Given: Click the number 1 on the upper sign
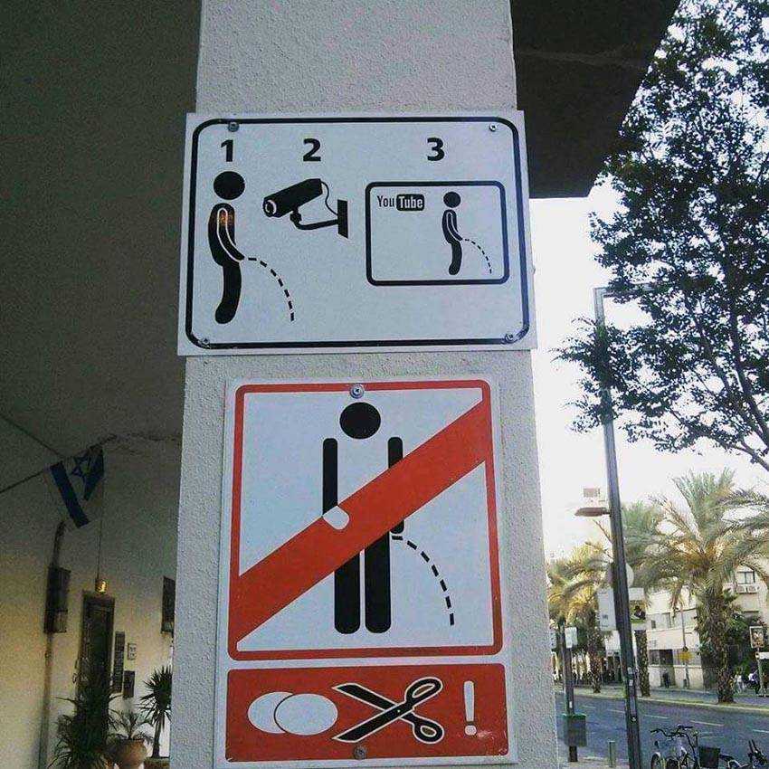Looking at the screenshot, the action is pos(227,150).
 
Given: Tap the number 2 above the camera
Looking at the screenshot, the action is pos(311,149).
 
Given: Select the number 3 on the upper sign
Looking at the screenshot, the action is pos(435,148).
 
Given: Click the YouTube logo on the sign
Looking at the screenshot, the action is pos(400,202).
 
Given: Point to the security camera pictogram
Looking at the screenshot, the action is pos(307,206).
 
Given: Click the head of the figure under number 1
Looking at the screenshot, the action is pos(229,185).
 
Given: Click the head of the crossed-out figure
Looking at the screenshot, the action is pos(360,421).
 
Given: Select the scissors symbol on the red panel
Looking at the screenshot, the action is pos(390,709).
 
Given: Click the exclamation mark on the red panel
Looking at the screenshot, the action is pos(470,707).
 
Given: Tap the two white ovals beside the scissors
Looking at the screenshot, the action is pos(292,713).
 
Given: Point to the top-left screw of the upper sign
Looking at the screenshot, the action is pos(233,127).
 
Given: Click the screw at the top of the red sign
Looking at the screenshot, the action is pos(357,392).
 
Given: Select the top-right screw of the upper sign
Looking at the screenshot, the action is pos(493,128).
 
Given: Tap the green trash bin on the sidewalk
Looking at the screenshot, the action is pos(574,729).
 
